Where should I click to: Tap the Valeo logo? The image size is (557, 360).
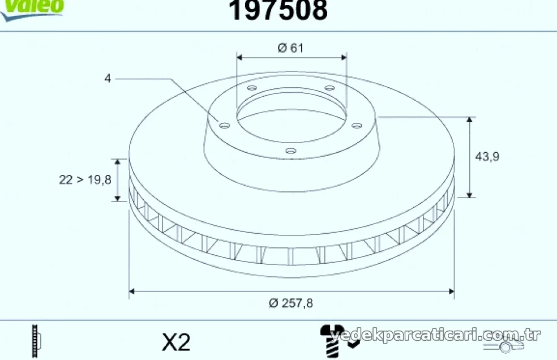point(32,9)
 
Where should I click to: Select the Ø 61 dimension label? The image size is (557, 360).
point(290,48)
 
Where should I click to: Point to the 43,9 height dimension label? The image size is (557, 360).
point(487,156)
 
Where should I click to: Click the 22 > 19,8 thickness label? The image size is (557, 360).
point(85,180)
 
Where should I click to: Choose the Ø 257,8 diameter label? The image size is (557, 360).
point(291,303)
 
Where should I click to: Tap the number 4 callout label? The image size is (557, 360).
point(108,78)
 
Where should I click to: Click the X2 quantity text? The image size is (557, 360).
point(176,342)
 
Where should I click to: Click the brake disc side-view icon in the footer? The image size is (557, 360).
point(36,341)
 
